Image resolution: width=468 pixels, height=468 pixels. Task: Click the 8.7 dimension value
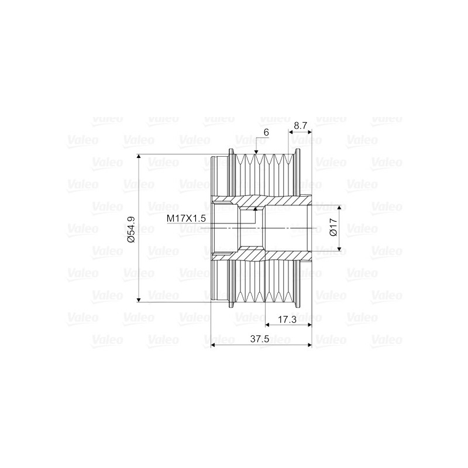[x=301, y=125]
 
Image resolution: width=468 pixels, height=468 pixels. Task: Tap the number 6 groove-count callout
[x=266, y=133]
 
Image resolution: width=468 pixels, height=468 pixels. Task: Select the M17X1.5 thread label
[x=186, y=218]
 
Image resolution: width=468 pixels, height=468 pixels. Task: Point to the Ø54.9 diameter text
[x=131, y=229]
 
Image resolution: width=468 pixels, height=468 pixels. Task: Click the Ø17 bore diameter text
[x=333, y=227]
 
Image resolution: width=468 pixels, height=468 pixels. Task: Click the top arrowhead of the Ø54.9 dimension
[x=139, y=157]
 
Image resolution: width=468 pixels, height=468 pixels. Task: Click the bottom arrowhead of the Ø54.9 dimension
[x=139, y=299]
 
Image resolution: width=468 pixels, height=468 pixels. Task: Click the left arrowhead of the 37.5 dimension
[x=214, y=345]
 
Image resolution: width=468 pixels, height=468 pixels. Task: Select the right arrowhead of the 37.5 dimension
[x=309, y=345]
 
